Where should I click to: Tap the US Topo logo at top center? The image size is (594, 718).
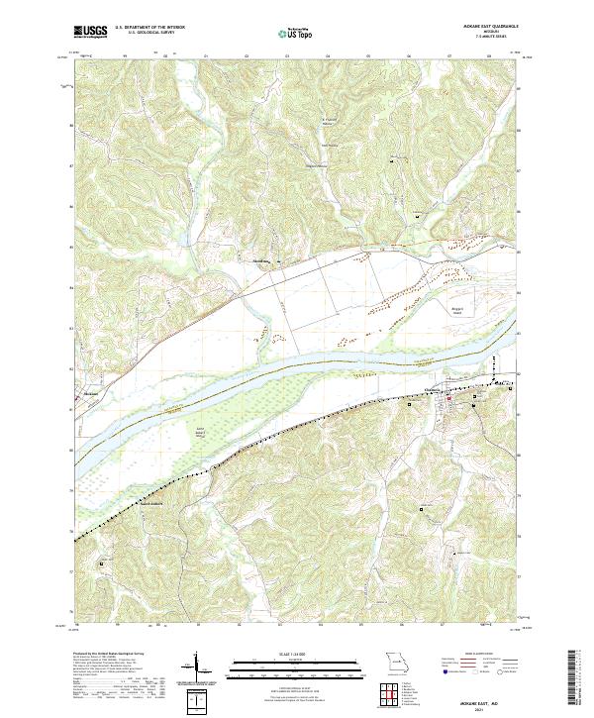[x=296, y=33]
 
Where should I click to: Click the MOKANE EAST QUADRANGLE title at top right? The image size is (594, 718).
[x=484, y=26]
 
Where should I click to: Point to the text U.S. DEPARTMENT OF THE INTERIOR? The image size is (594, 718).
[x=148, y=27]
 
